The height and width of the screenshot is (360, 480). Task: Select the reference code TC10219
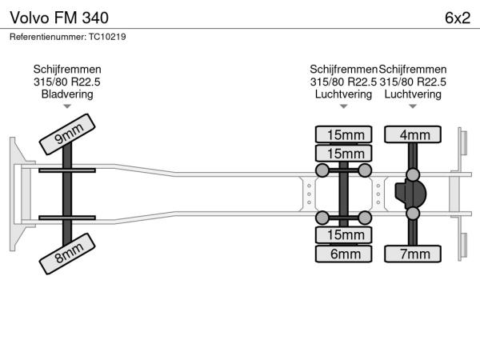(106, 36)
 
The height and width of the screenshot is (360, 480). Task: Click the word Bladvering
(67, 94)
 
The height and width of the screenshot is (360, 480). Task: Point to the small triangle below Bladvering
(67, 106)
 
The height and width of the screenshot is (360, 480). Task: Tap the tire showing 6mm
(344, 254)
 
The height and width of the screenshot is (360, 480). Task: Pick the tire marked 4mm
(413, 134)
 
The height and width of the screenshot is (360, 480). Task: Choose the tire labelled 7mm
(413, 254)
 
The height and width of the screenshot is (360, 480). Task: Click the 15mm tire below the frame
(344, 234)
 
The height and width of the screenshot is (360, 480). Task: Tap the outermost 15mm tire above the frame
(344, 134)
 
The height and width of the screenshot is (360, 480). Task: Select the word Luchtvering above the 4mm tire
(413, 94)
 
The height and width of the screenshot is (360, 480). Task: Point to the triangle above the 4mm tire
(413, 106)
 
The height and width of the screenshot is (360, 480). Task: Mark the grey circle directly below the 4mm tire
(413, 174)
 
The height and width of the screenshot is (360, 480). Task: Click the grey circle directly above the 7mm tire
(413, 214)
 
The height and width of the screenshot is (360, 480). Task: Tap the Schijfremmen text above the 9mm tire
(67, 70)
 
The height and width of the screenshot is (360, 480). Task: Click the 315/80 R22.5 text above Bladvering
(67, 82)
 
